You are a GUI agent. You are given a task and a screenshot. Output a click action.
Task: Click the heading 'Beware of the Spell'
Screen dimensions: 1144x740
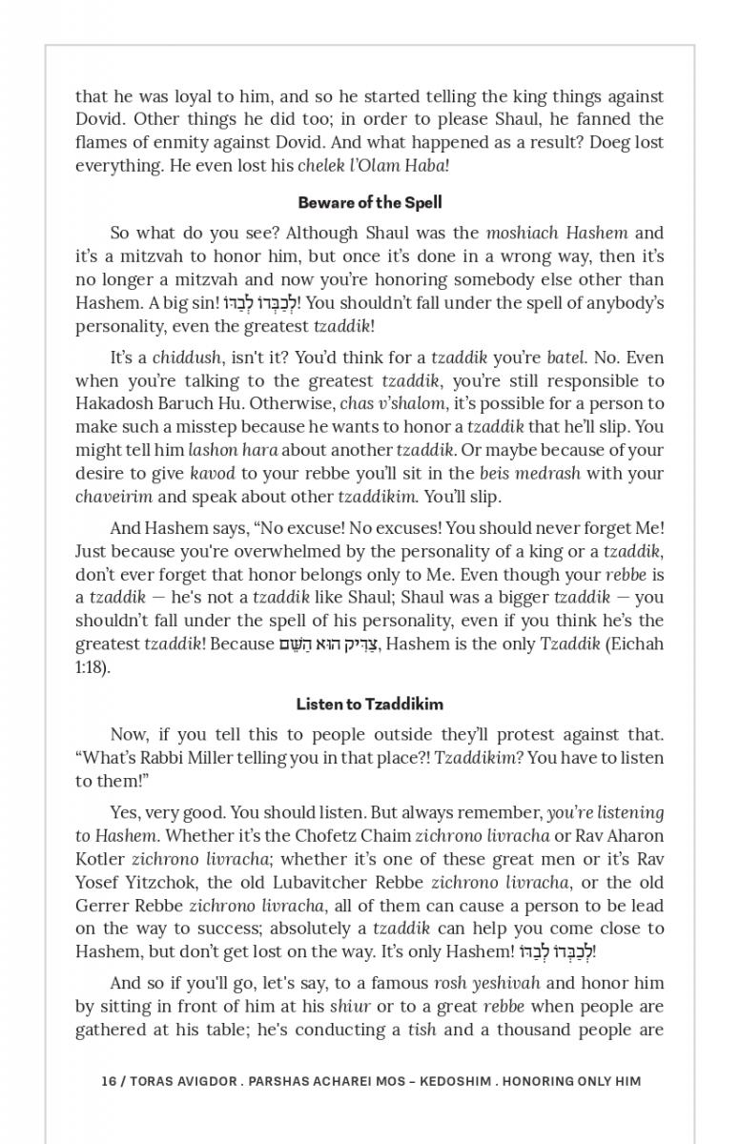pyautogui.click(x=370, y=202)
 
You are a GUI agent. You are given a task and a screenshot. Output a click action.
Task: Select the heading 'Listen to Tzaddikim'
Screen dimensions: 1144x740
pyautogui.click(x=370, y=704)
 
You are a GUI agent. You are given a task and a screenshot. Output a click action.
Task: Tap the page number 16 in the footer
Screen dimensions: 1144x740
pyautogui.click(x=109, y=1081)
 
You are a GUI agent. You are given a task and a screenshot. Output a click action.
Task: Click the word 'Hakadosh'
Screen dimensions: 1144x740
pyautogui.click(x=116, y=403)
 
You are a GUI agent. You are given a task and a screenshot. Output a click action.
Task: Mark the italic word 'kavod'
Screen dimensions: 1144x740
pyautogui.click(x=212, y=473)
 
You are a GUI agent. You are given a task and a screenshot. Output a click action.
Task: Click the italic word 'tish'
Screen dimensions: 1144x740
pyautogui.click(x=421, y=1030)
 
